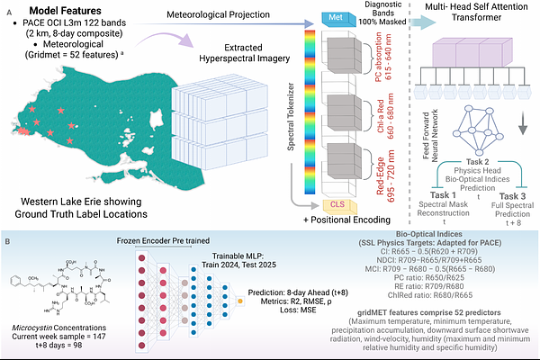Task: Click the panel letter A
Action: point(8,8)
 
